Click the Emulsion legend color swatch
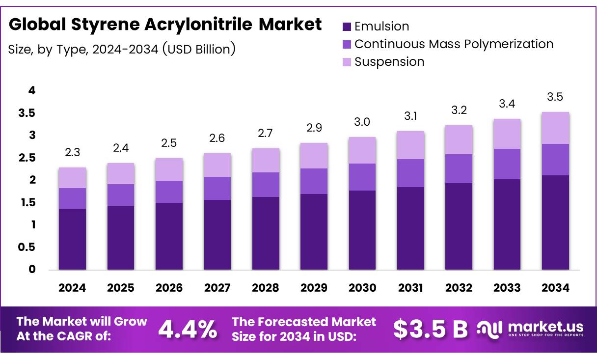[x=347, y=27]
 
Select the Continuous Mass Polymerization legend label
[x=454, y=44]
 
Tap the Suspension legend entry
[x=389, y=62]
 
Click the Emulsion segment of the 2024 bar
[x=72, y=239]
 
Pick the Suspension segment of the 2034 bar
[x=555, y=128]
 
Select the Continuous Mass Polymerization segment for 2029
[x=314, y=181]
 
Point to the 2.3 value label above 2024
[x=72, y=152]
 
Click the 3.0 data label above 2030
[x=362, y=122]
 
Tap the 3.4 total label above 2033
[x=507, y=104]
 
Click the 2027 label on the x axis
[x=217, y=288]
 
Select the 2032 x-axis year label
[x=459, y=288]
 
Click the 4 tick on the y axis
[x=32, y=90]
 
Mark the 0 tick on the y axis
[x=32, y=269]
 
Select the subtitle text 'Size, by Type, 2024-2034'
[x=83, y=49]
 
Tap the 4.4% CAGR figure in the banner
[x=188, y=330]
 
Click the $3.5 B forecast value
[x=430, y=330]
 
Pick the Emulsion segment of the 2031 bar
[x=410, y=228]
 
